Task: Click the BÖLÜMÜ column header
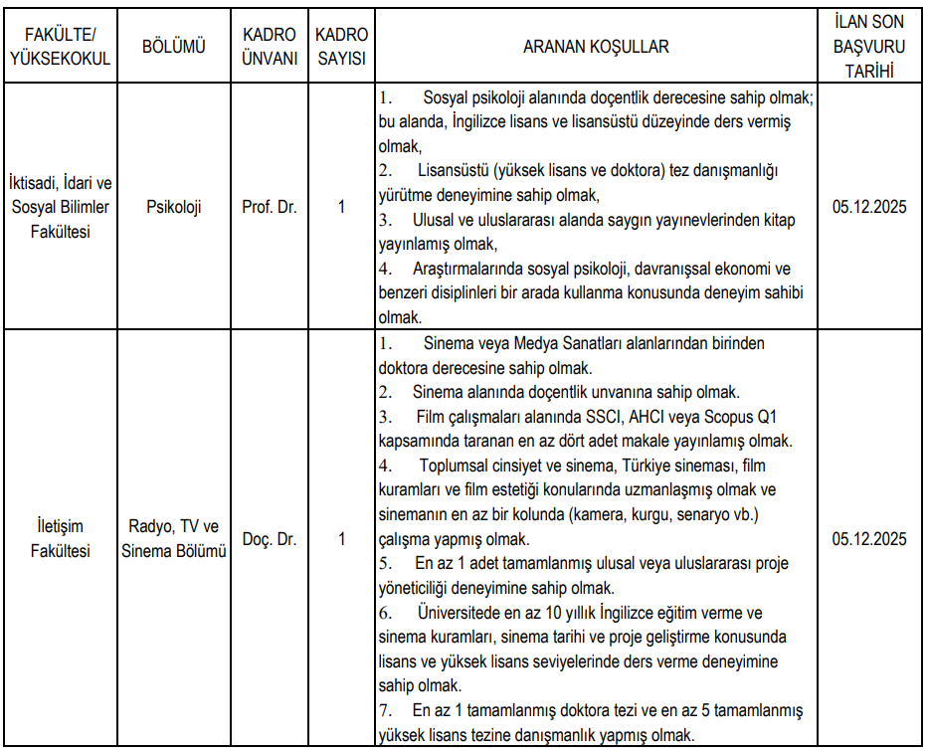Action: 174,47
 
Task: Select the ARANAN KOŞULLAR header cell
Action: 597,47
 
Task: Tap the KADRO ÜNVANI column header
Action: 270,47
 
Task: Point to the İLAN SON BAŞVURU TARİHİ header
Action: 869,47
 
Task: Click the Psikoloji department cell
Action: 174,208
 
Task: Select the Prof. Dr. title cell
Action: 270,208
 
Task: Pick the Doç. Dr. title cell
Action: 270,539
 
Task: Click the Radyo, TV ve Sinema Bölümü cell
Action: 174,539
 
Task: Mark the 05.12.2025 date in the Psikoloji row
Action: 869,208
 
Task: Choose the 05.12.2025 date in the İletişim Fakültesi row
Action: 869,539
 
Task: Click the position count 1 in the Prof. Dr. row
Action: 341,208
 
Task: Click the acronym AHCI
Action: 652,417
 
